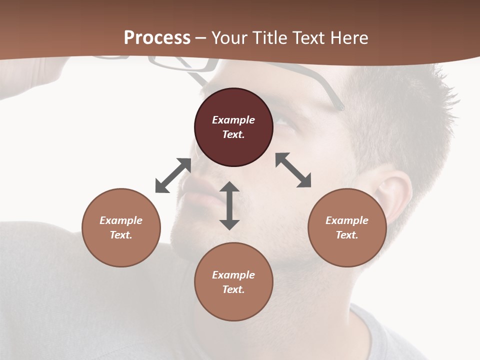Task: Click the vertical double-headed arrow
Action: (x=229, y=205)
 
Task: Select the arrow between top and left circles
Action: (x=173, y=175)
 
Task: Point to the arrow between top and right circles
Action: (x=293, y=170)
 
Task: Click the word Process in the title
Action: (x=157, y=37)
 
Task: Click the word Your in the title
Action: (x=230, y=37)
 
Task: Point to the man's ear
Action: (x=392, y=195)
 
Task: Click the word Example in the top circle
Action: (x=233, y=120)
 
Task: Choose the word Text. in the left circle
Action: (x=121, y=235)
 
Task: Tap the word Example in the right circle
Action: (x=347, y=220)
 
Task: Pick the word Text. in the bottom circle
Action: (x=233, y=289)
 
